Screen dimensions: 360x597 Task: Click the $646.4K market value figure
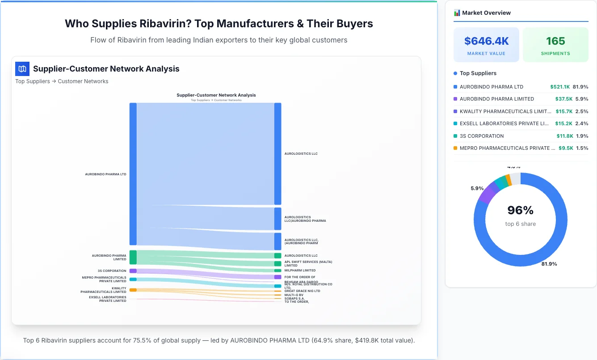click(x=486, y=41)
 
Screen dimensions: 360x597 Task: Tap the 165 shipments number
click(x=555, y=41)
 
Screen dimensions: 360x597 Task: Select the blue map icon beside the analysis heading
click(x=22, y=69)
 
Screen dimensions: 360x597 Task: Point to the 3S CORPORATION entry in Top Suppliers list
click(x=481, y=136)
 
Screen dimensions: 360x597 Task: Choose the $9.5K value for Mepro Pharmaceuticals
click(x=565, y=148)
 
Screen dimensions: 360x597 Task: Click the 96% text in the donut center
click(x=521, y=210)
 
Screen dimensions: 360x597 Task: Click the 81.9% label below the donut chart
click(x=549, y=264)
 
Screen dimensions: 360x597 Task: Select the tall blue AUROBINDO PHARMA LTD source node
click(x=133, y=174)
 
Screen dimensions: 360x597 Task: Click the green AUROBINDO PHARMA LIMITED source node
click(x=133, y=257)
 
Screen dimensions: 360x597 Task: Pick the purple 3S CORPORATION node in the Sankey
click(x=133, y=271)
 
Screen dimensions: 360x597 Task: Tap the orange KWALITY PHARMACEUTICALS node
click(x=133, y=290)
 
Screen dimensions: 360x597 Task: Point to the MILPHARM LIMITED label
click(x=300, y=271)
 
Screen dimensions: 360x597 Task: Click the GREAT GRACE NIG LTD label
click(x=302, y=291)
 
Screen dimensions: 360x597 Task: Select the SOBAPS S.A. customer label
click(x=294, y=298)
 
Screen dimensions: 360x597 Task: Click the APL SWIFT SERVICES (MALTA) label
click(x=308, y=262)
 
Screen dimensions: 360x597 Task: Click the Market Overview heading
click(x=486, y=13)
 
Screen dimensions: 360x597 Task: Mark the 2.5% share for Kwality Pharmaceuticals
click(x=581, y=111)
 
